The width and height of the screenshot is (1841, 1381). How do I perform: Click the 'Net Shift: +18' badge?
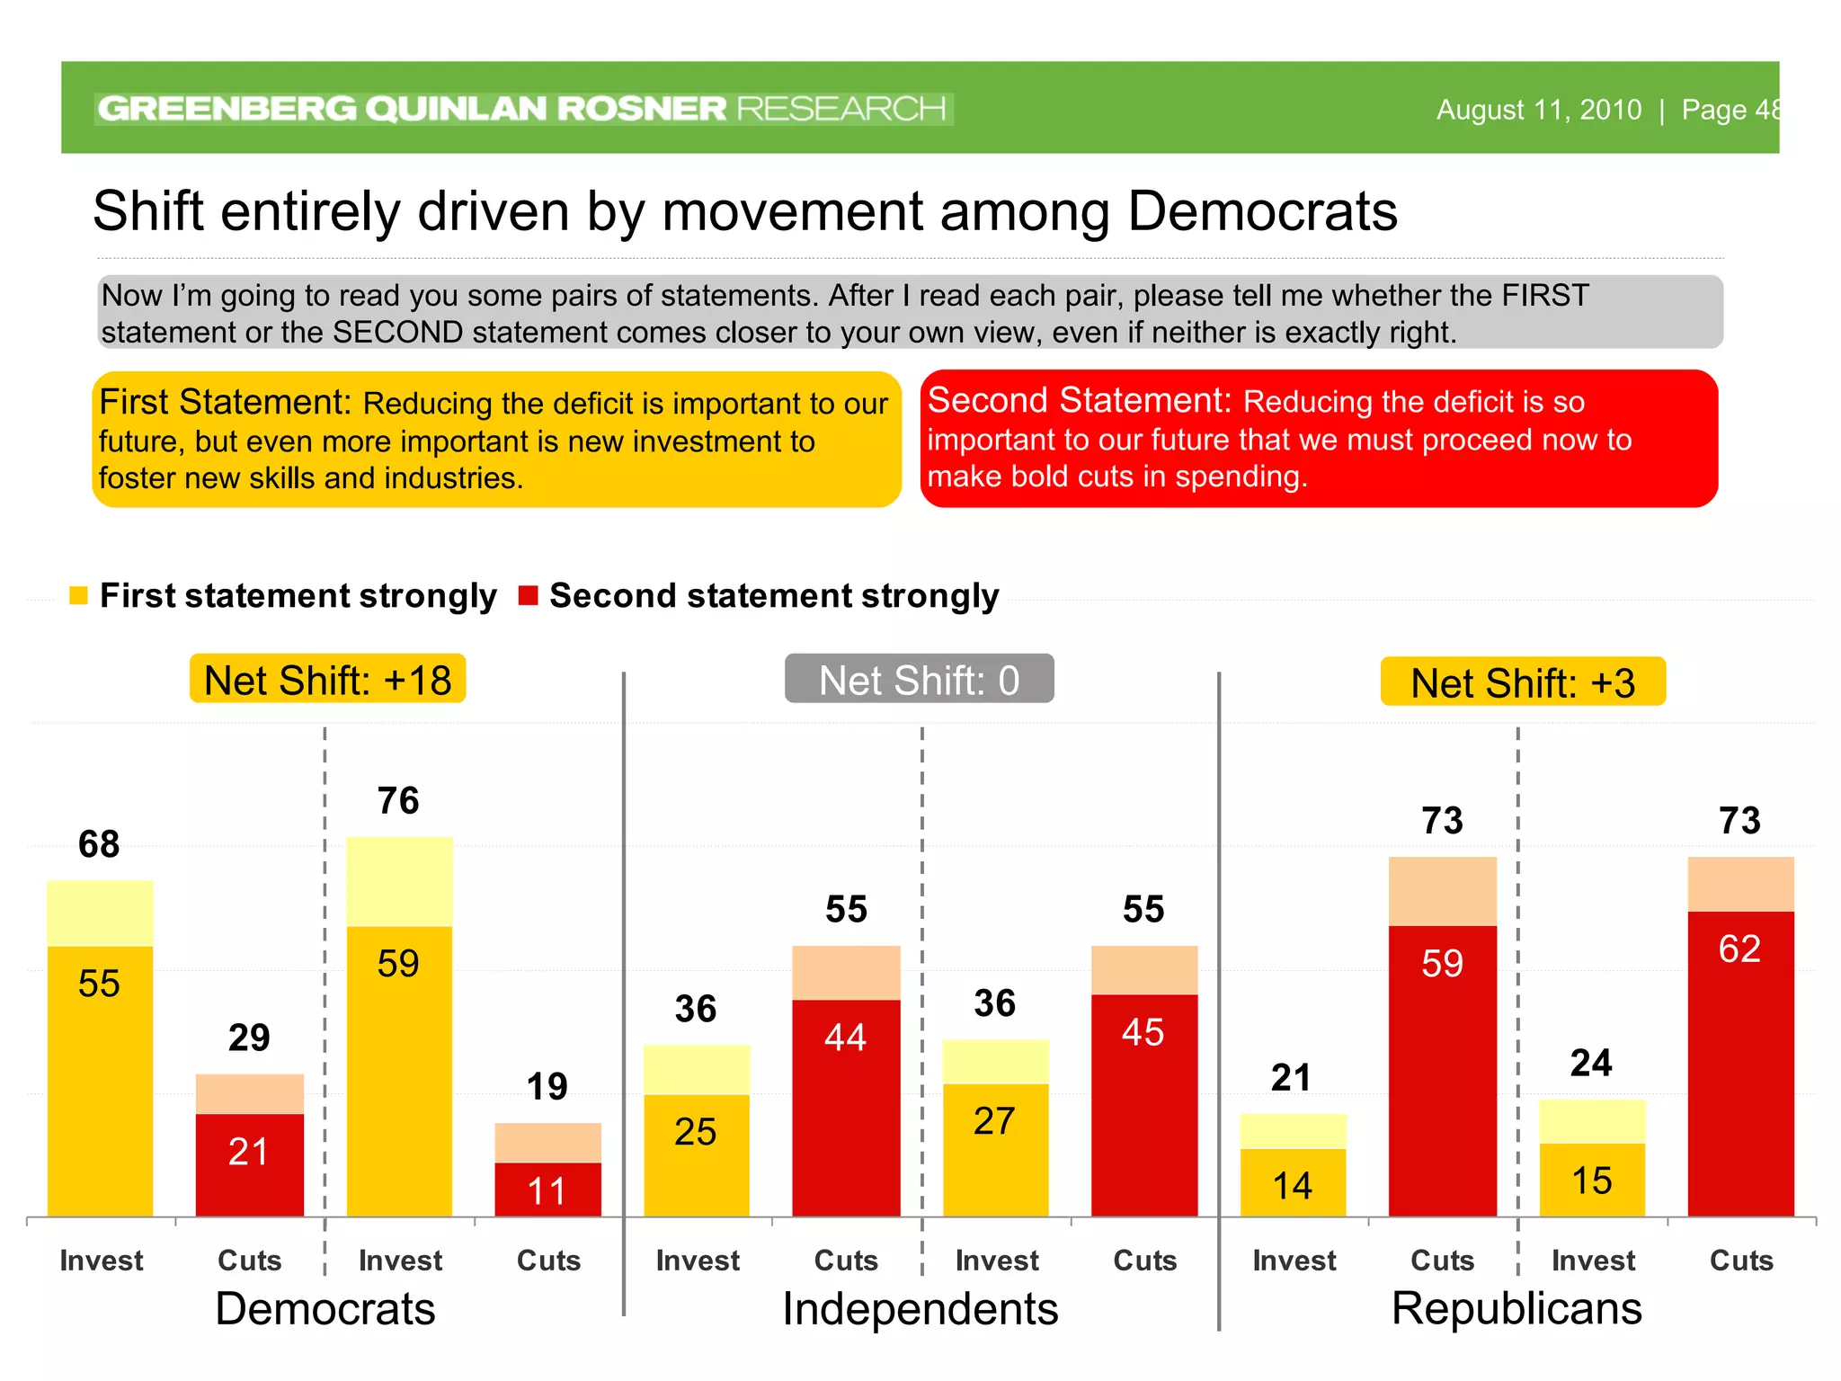[x=327, y=680]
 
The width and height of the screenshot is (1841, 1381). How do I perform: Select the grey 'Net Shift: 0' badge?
[x=919, y=680]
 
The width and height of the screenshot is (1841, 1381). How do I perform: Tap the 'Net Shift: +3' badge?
[x=1523, y=682]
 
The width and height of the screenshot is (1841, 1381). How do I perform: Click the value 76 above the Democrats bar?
[x=398, y=801]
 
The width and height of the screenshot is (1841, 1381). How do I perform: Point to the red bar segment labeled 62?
[x=1740, y=1061]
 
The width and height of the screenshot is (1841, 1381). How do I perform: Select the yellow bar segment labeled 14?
[x=1293, y=1183]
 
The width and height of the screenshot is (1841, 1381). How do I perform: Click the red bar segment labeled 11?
[x=547, y=1189]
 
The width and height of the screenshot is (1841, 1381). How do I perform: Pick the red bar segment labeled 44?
[x=846, y=1106]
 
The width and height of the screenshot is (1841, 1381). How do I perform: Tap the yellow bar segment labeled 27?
[x=995, y=1149]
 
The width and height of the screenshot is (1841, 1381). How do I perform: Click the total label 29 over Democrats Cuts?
[x=249, y=1038]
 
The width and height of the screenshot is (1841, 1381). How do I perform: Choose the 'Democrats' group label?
[x=325, y=1309]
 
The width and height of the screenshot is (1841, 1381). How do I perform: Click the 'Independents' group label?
[x=920, y=1309]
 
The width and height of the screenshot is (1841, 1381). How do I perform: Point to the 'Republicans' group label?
[x=1516, y=1309]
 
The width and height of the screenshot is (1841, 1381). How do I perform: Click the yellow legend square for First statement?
[x=78, y=595]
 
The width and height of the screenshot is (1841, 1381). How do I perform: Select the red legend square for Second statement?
[x=529, y=595]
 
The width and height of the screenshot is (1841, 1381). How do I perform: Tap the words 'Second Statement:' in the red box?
[x=1079, y=400]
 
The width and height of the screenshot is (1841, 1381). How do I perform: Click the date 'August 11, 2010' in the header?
[x=1538, y=110]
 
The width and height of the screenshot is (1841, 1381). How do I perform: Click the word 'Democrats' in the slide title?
[x=1262, y=212]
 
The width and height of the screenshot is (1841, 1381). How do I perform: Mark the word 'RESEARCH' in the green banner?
[x=841, y=109]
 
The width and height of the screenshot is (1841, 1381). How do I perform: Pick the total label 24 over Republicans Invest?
[x=1590, y=1064]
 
